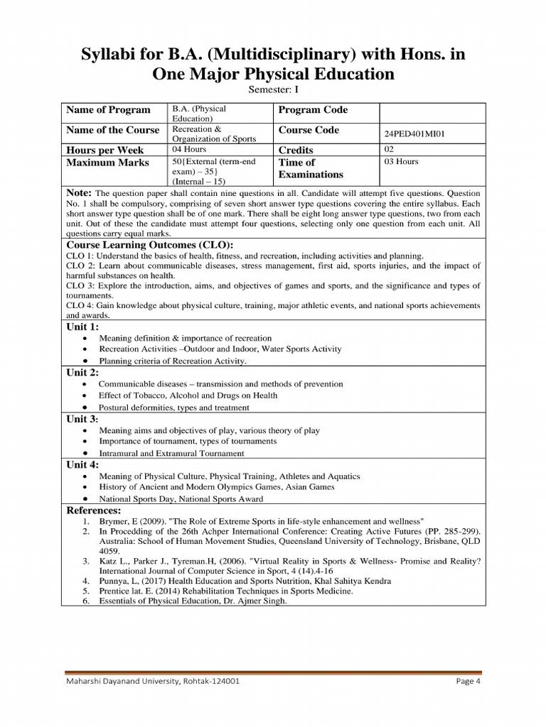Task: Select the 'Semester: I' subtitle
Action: pos(272,90)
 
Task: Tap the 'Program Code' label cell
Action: pos(313,110)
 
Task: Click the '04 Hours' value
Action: pos(188,150)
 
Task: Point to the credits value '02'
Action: pos(389,150)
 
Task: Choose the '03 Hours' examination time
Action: pos(401,162)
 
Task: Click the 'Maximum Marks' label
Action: pos(107,163)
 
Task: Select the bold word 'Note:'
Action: pos(79,193)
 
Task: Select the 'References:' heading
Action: pos(93,510)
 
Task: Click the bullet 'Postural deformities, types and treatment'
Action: pos(173,408)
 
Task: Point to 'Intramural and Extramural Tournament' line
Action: pos(171,453)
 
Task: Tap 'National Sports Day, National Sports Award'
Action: pos(181,499)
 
